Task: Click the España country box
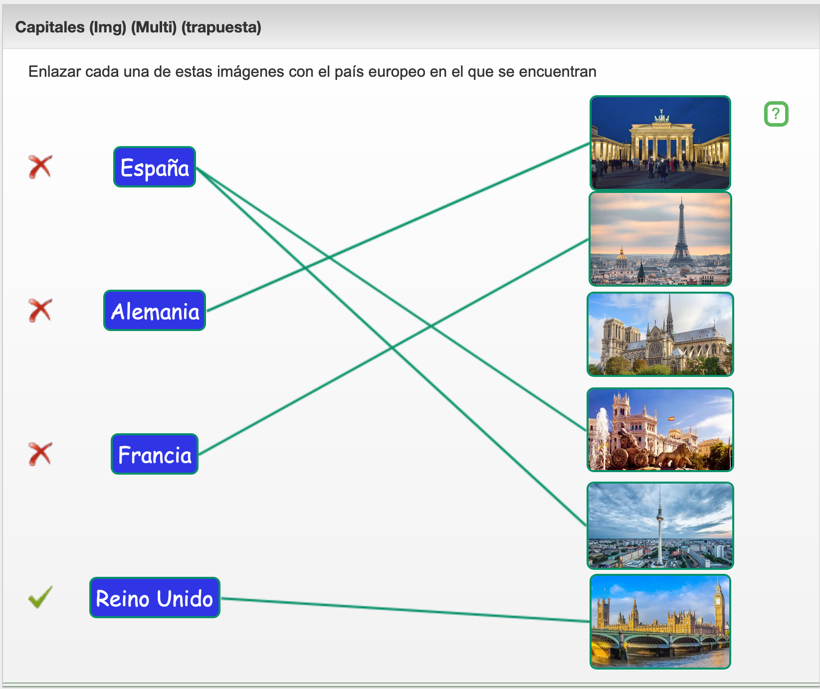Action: (x=155, y=167)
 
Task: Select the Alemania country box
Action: (x=155, y=311)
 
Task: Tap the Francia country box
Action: (x=155, y=454)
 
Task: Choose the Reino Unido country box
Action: (x=155, y=598)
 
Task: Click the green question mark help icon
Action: (x=776, y=114)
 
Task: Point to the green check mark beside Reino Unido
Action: (x=40, y=597)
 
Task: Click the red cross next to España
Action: (x=40, y=167)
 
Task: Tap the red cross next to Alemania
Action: (x=40, y=311)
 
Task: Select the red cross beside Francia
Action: (x=40, y=454)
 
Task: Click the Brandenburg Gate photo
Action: (x=660, y=143)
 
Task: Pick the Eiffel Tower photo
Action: (x=660, y=239)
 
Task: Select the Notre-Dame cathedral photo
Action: (x=660, y=334)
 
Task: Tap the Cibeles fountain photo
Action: (x=660, y=430)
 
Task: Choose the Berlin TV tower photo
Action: (x=660, y=525)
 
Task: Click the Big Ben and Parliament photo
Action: (x=660, y=622)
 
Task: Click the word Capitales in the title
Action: (x=50, y=27)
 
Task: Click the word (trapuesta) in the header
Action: (x=221, y=27)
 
